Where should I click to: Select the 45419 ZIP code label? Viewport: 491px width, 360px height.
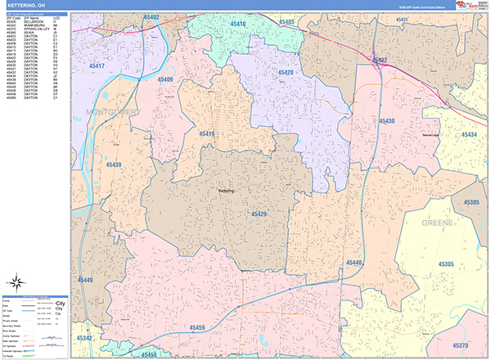[x=205, y=133]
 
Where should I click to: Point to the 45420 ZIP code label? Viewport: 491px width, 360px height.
[x=286, y=73]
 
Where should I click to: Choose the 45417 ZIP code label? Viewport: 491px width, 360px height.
[x=97, y=65]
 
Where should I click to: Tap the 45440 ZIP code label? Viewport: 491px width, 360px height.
[x=354, y=263]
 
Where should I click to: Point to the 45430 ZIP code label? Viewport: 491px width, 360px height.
[x=387, y=121]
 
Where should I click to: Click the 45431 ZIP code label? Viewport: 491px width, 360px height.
[x=403, y=18]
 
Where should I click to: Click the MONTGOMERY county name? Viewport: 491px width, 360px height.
[x=112, y=111]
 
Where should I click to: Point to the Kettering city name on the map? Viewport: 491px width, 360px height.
[x=227, y=191]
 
